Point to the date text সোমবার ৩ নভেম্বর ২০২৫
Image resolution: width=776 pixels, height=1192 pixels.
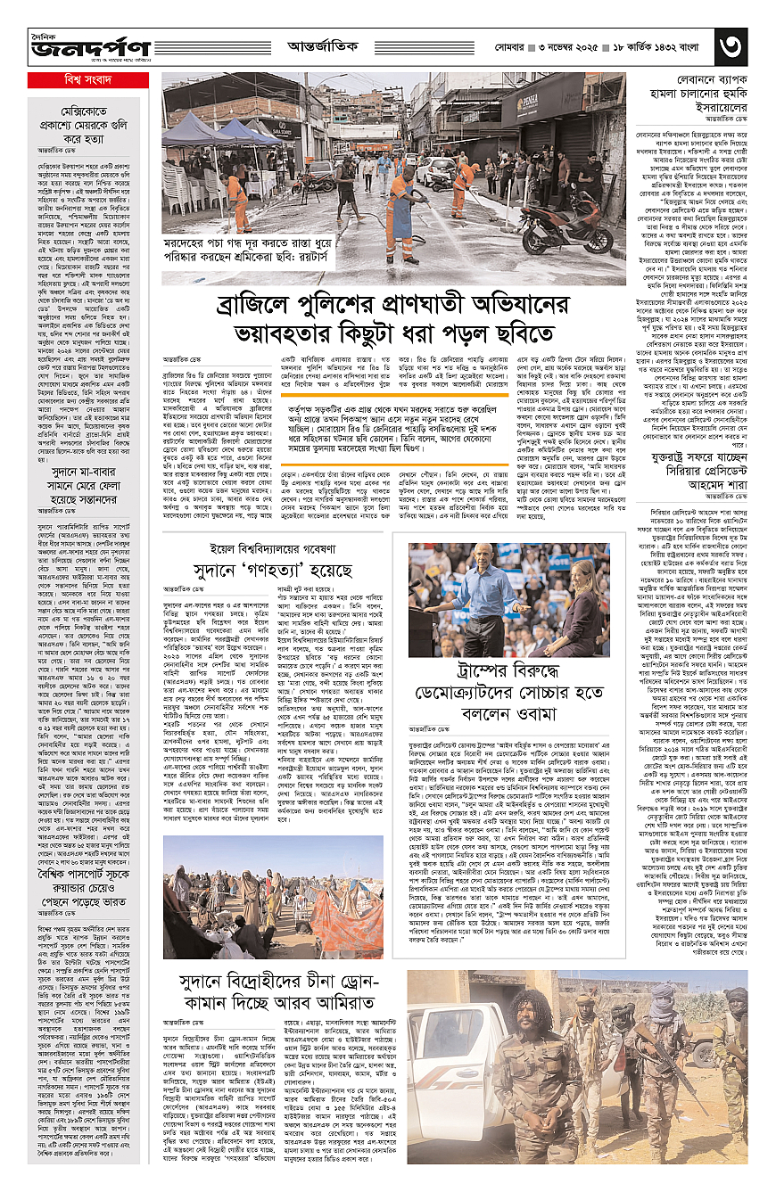[570, 45]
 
